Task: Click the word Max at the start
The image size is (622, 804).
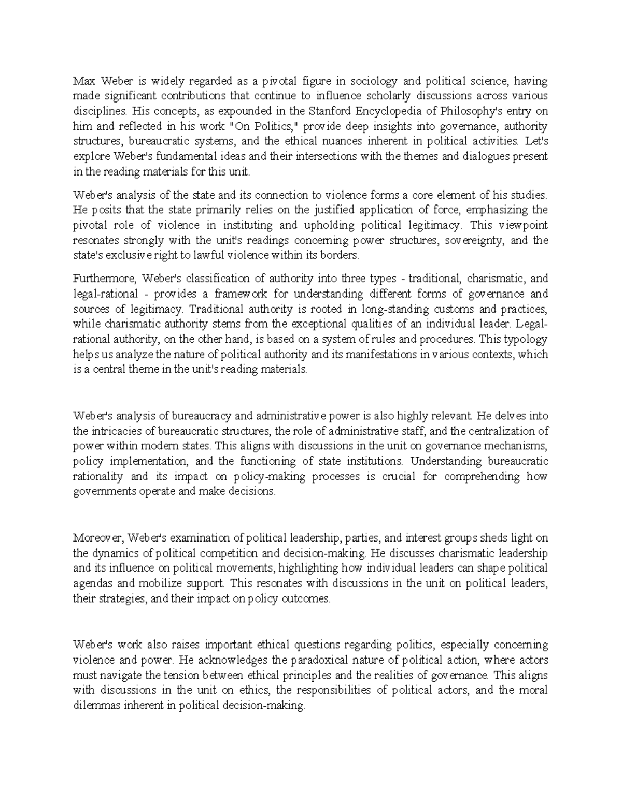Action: point(83,81)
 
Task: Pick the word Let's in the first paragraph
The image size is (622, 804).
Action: point(536,141)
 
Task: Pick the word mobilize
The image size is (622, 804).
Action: point(166,583)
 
